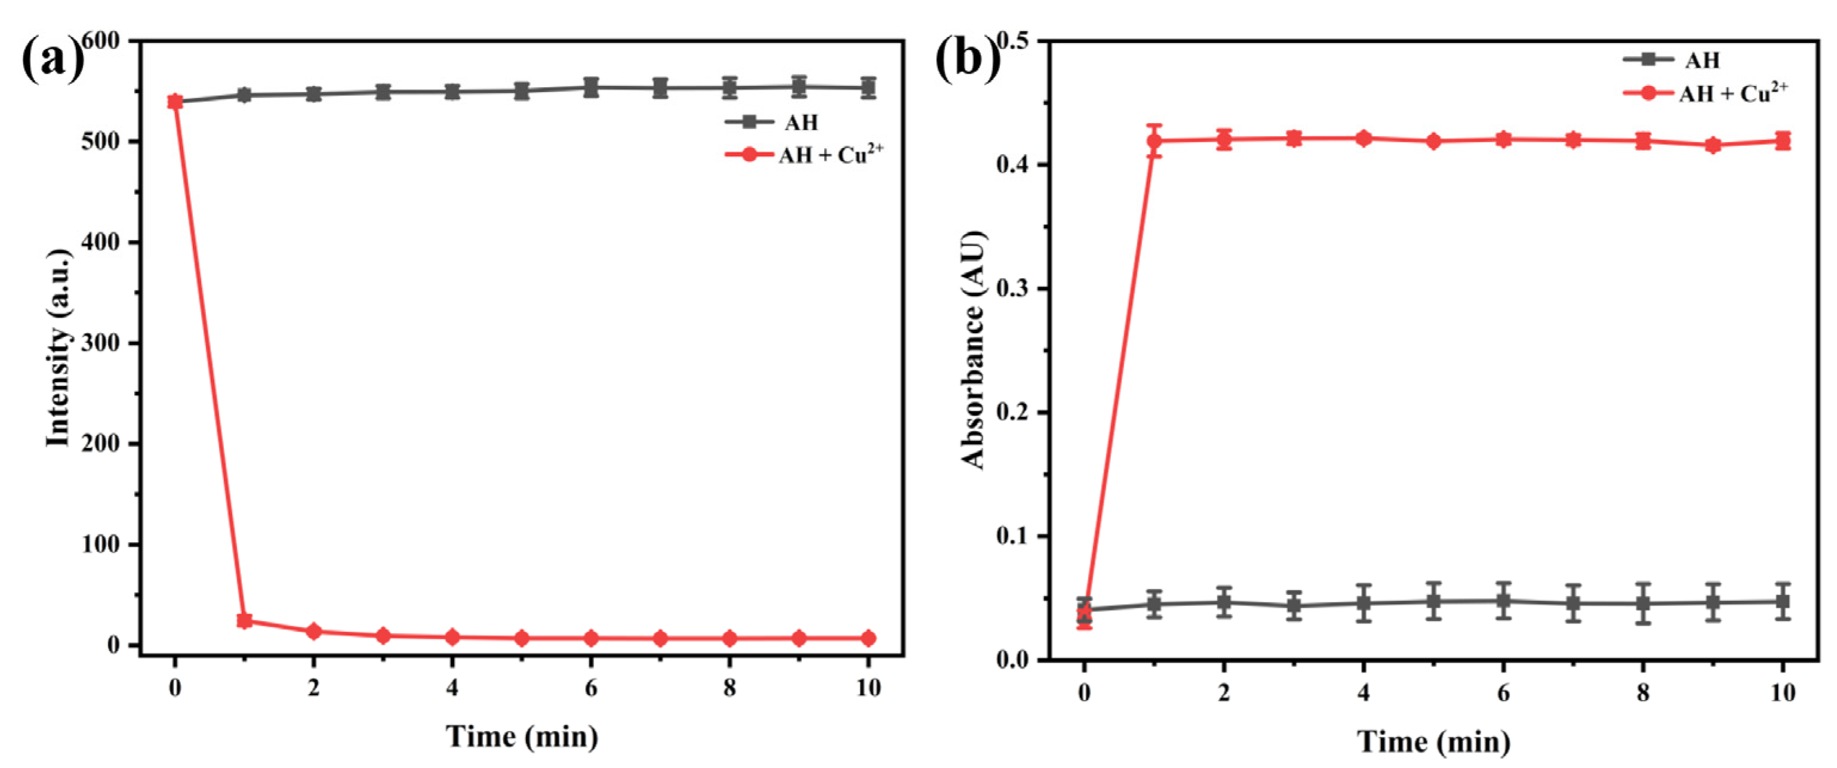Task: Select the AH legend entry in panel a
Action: click(771, 122)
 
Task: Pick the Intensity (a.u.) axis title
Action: click(59, 348)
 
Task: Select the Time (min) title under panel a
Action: click(522, 736)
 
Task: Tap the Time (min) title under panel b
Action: click(1433, 742)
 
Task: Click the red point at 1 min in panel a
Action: click(245, 620)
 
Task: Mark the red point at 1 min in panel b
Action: click(1155, 140)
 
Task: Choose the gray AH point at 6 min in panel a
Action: click(590, 88)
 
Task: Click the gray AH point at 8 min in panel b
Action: click(1643, 603)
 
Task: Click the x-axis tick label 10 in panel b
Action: click(1783, 692)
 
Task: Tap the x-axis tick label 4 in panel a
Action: click(452, 688)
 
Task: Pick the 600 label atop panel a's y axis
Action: click(102, 41)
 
